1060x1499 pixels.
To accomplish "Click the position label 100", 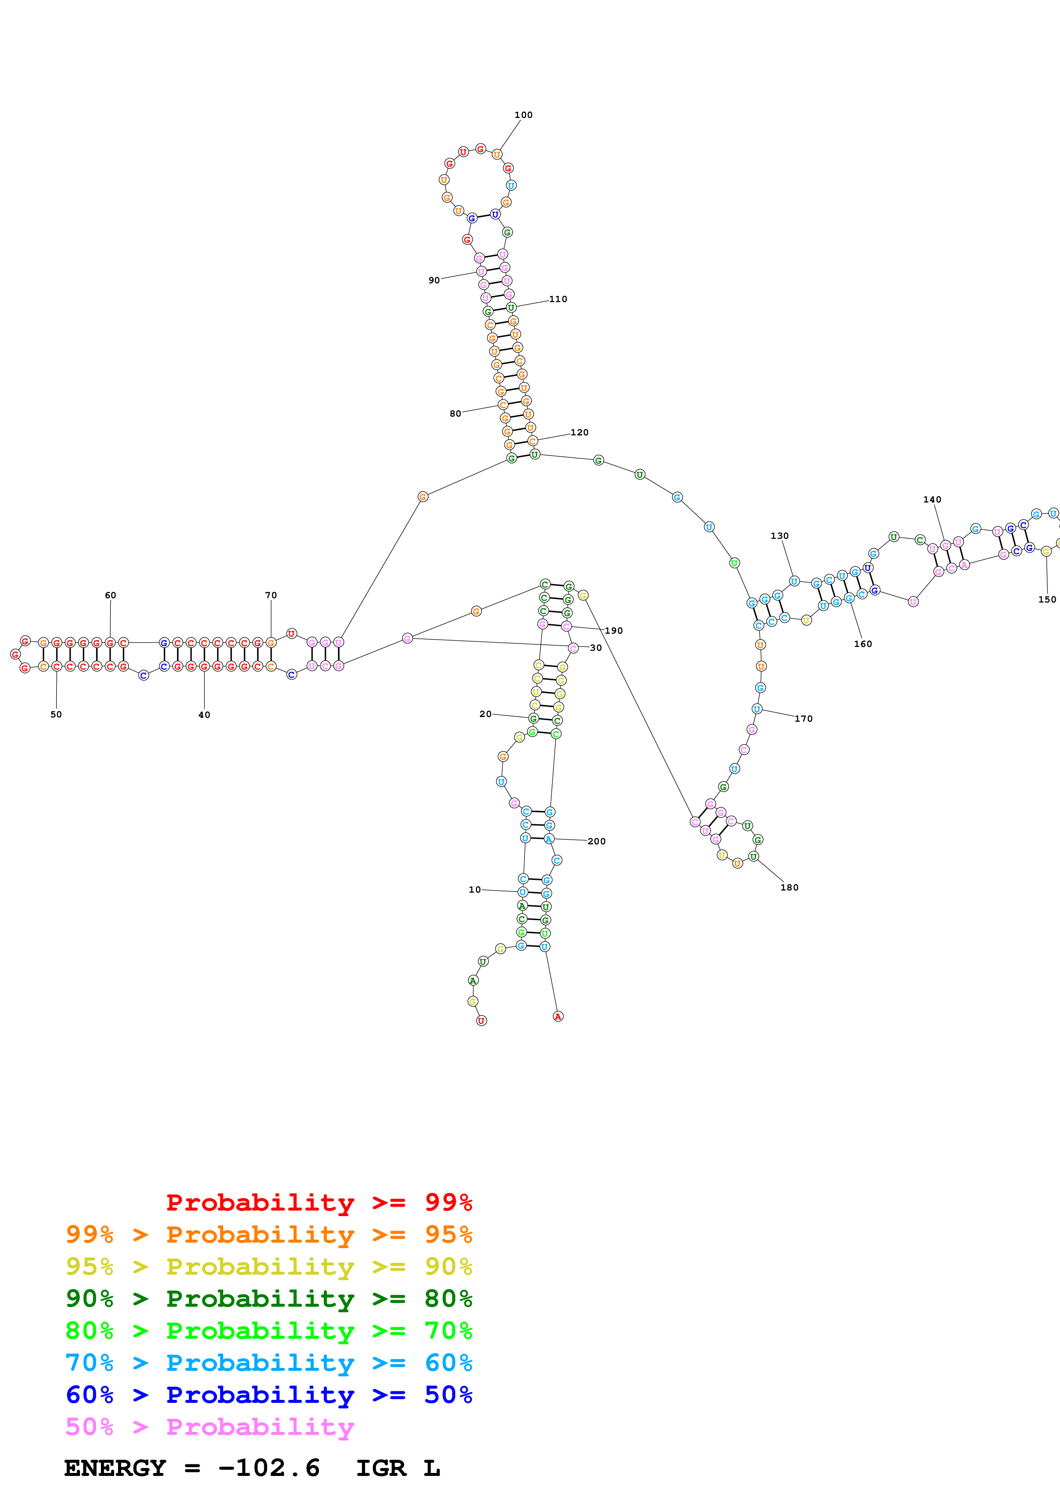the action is (x=523, y=115).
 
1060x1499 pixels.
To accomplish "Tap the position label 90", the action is (x=434, y=280).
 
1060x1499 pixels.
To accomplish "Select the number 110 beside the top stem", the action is (x=558, y=299).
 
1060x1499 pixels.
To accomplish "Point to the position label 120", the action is (x=579, y=432).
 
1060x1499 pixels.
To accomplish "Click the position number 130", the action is (x=779, y=535).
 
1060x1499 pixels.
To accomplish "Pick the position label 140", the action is (x=932, y=500).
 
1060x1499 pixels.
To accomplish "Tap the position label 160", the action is (x=863, y=644).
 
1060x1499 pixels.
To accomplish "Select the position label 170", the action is (x=803, y=718).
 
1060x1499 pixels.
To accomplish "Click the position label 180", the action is (x=789, y=887).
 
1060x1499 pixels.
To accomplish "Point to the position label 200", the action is (x=596, y=841).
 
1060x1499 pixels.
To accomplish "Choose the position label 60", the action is (x=110, y=595).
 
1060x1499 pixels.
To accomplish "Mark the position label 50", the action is (x=56, y=714).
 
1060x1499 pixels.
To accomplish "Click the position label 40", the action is (x=204, y=715).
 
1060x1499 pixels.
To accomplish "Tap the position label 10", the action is (x=475, y=889).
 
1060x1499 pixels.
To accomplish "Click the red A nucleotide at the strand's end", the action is (x=558, y=1017).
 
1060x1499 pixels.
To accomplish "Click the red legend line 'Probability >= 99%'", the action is (x=319, y=1202).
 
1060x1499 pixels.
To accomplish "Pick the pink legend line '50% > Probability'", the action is (x=210, y=1427).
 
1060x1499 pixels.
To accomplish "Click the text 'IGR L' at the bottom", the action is (x=398, y=1468).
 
